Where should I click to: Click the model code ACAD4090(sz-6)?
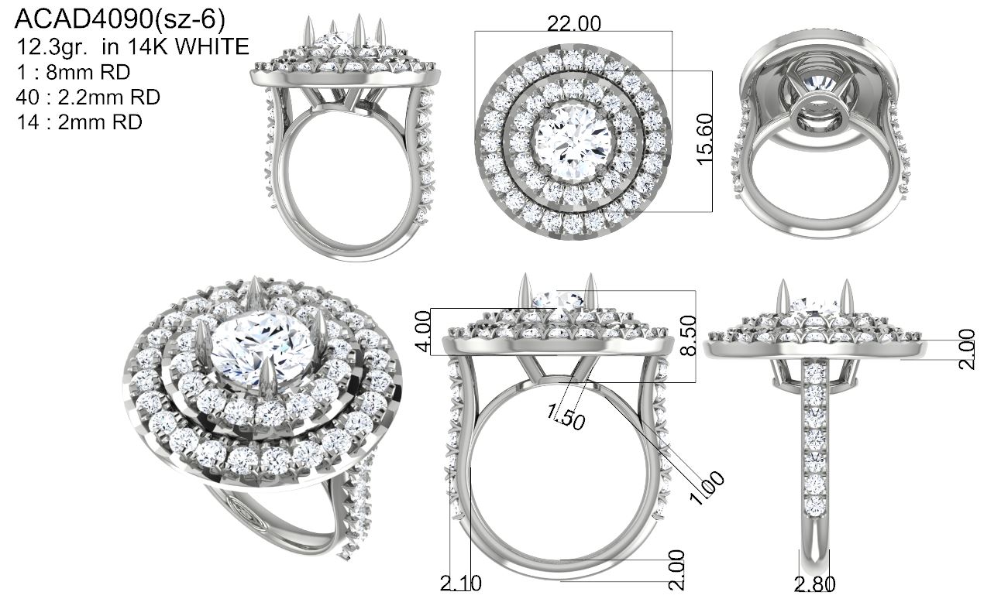[x=120, y=20]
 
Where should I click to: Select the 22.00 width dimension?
[x=574, y=24]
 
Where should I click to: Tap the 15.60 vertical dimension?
[x=705, y=139]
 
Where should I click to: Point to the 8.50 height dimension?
[x=688, y=335]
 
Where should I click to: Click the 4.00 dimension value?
[x=423, y=331]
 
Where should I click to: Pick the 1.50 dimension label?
[x=566, y=416]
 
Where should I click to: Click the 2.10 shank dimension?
[x=461, y=583]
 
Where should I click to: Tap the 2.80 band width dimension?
[x=814, y=584]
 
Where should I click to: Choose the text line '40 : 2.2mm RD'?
[x=88, y=97]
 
